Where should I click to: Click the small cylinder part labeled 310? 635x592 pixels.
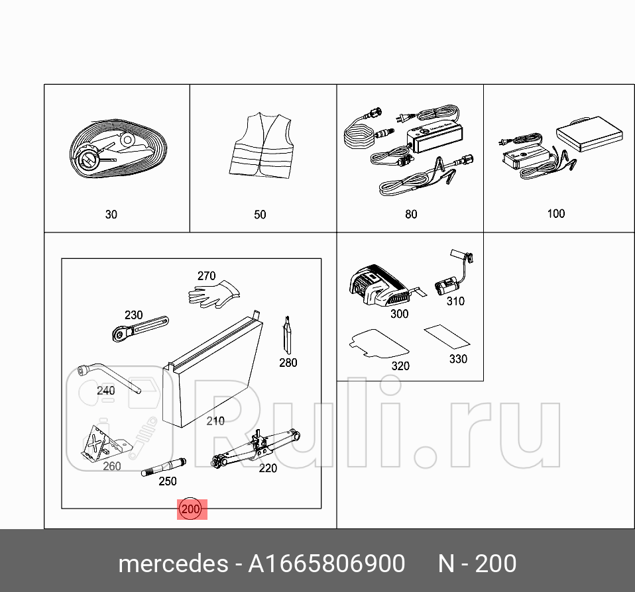[447, 285]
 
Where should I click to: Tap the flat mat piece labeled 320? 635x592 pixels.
[378, 342]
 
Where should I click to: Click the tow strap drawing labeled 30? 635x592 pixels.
[116, 153]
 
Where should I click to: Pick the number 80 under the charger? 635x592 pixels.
[411, 214]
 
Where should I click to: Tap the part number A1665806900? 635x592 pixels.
[326, 564]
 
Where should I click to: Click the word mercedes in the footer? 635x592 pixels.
[172, 564]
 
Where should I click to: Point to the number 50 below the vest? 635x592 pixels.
[260, 215]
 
